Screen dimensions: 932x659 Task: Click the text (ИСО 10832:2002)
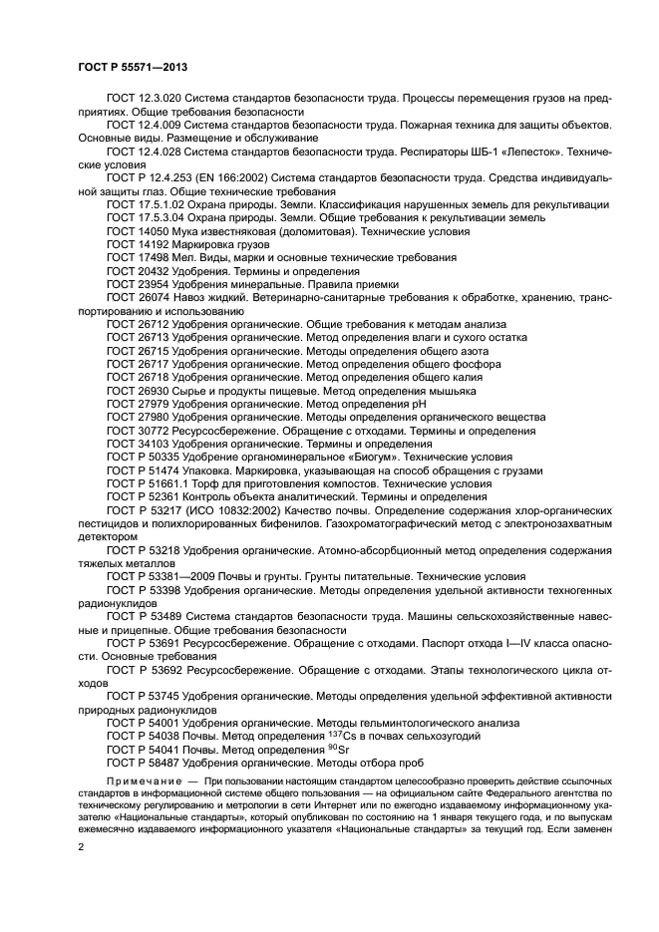[x=236, y=509]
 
